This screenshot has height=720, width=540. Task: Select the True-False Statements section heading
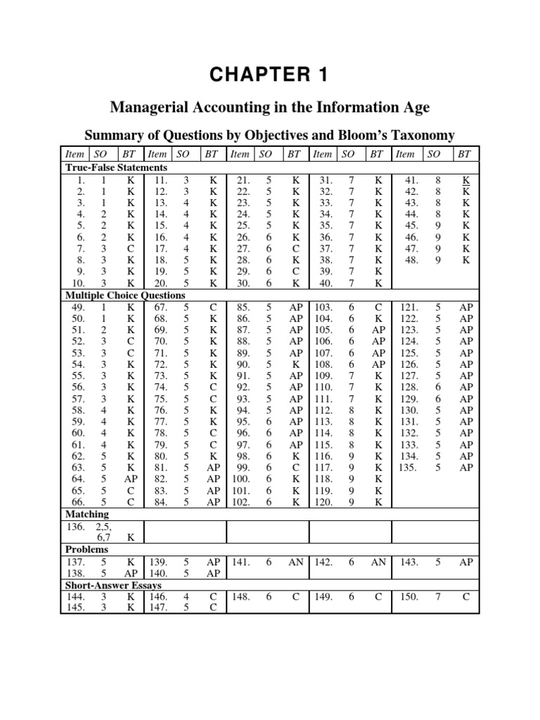[x=116, y=167]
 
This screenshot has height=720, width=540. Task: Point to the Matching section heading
[x=87, y=514]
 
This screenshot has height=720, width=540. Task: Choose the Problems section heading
[x=87, y=549]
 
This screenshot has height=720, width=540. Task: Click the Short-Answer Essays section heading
[x=113, y=585]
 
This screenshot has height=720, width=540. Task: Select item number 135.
[x=409, y=468]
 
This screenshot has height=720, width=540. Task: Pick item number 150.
[x=409, y=596]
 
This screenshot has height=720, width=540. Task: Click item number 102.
[x=240, y=502]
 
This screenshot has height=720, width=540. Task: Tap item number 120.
[x=324, y=502]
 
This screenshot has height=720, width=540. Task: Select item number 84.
[x=160, y=502]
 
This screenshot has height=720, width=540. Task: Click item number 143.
[x=409, y=562]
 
